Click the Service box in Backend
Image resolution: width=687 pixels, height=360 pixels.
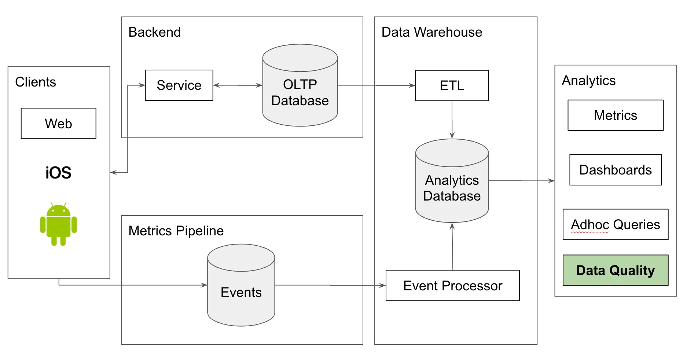pyautogui.click(x=179, y=85)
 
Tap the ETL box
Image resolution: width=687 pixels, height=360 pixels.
pyautogui.click(x=452, y=85)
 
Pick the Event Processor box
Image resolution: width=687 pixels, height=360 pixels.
pyautogui.click(x=452, y=286)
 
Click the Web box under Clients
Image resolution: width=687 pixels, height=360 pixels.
pyautogui.click(x=58, y=124)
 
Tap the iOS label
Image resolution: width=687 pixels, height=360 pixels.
pyautogui.click(x=58, y=173)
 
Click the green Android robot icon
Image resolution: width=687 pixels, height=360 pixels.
pyautogui.click(x=58, y=224)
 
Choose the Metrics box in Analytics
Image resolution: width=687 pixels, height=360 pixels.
pyautogui.click(x=615, y=115)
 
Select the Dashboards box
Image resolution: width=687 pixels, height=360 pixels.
pyautogui.click(x=615, y=170)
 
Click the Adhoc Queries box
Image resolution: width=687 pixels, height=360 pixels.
pyautogui.click(x=615, y=224)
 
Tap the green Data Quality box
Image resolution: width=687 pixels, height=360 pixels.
pyautogui.click(x=615, y=270)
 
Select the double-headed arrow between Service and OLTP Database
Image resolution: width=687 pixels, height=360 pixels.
pyautogui.click(x=238, y=85)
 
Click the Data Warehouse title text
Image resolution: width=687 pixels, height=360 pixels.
pyautogui.click(x=431, y=32)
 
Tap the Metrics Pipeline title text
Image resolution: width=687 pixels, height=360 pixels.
pyautogui.click(x=176, y=231)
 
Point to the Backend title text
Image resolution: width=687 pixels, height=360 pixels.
pyautogui.click(x=154, y=32)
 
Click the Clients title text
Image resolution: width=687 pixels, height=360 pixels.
pyautogui.click(x=36, y=82)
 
